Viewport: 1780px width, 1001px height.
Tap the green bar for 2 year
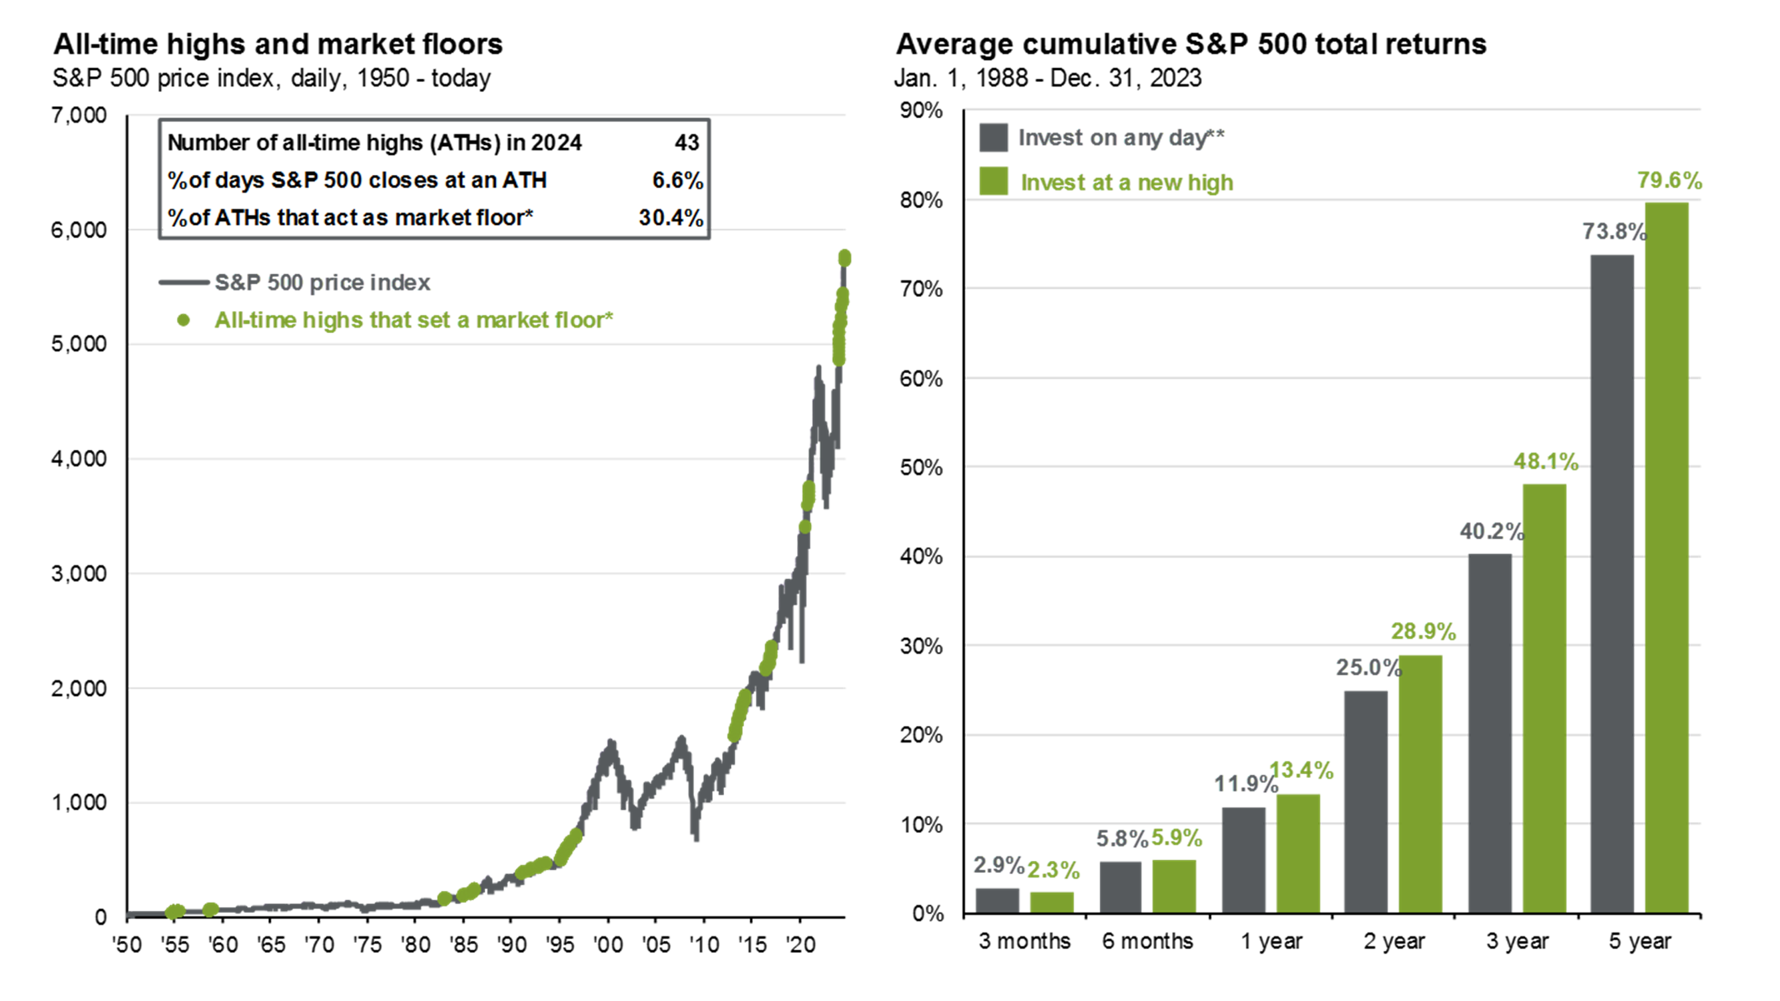[x=1420, y=783]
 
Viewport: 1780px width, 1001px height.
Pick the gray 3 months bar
[x=997, y=900]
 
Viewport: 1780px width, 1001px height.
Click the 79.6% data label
[x=1669, y=180]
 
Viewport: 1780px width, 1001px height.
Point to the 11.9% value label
[x=1245, y=783]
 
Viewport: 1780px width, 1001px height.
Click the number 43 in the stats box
[x=686, y=142]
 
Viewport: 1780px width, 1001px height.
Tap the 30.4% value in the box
[x=670, y=218]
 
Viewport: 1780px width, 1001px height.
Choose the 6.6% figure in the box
[x=677, y=180]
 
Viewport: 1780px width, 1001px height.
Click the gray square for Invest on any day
[x=993, y=137]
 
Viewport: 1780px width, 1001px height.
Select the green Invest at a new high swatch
[x=993, y=182]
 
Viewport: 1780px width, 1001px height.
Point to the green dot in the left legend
[x=183, y=320]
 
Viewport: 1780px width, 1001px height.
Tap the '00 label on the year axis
[x=607, y=944]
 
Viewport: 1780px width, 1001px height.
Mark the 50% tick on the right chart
[x=920, y=468]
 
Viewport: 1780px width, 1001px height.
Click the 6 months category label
[x=1147, y=941]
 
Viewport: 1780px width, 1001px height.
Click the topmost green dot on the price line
[x=844, y=258]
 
